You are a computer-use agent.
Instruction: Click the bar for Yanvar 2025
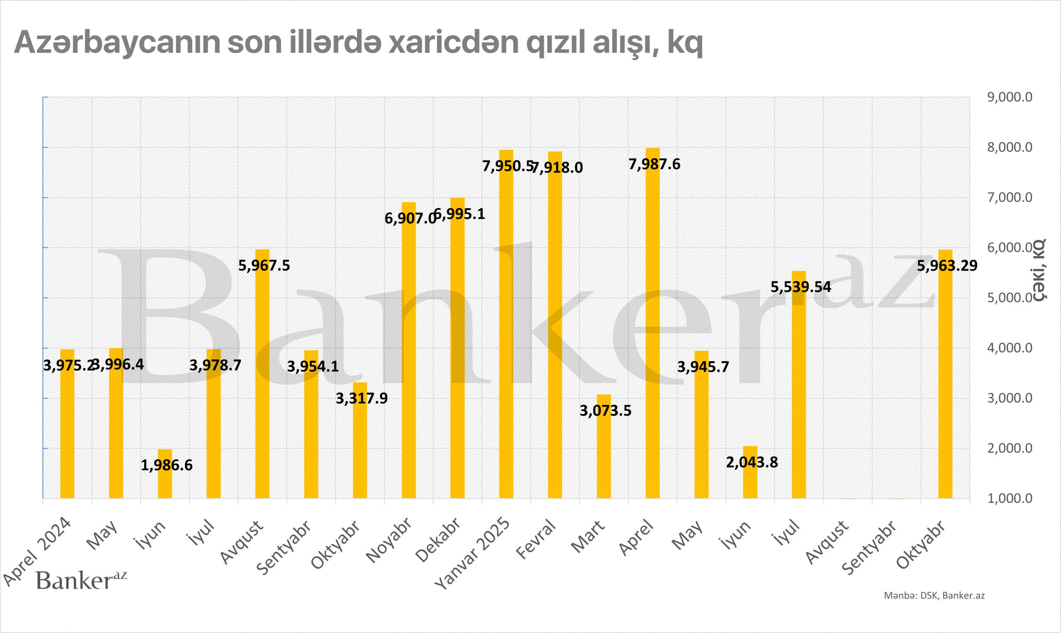(x=506, y=324)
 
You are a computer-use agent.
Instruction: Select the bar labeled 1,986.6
(x=165, y=473)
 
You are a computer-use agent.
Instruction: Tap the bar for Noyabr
(x=409, y=350)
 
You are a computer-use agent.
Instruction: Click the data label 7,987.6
(x=654, y=164)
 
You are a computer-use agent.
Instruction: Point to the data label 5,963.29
(x=947, y=266)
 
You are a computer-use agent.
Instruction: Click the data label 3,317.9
(x=362, y=398)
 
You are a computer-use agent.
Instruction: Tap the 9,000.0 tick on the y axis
(x=1009, y=97)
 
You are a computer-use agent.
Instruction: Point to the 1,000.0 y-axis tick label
(x=1009, y=498)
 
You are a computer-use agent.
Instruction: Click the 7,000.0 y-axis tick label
(x=1009, y=197)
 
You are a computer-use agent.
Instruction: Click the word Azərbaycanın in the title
(x=117, y=43)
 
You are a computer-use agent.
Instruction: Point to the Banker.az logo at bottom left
(x=81, y=580)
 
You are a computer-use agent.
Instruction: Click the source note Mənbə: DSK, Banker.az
(x=934, y=595)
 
